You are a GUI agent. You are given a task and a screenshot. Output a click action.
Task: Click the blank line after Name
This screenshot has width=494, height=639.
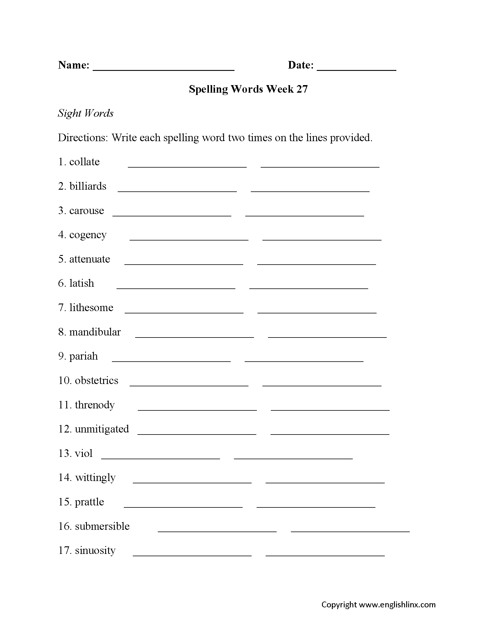[x=163, y=69]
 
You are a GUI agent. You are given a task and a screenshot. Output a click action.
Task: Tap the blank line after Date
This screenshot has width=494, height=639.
[x=356, y=69]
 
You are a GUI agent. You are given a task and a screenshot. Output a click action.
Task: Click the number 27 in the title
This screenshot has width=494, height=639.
[x=302, y=89]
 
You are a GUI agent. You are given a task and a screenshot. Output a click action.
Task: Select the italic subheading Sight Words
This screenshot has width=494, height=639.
[x=85, y=113]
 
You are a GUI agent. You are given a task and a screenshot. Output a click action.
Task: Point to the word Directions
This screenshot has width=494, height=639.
[x=83, y=137]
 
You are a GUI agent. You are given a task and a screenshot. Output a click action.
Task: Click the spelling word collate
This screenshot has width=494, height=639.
[x=84, y=162]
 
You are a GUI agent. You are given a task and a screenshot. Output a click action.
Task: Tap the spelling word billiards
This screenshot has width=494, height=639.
[x=88, y=186]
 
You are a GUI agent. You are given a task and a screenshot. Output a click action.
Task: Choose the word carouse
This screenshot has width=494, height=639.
[x=86, y=210]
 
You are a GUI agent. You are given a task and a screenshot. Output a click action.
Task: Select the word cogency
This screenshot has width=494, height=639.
[x=88, y=235]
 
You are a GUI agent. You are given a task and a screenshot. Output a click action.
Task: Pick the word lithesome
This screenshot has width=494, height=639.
[x=91, y=308]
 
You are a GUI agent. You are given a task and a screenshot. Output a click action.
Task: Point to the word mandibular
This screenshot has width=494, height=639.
[x=95, y=332]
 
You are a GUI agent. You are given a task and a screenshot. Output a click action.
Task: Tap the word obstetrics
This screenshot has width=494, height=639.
[x=96, y=380]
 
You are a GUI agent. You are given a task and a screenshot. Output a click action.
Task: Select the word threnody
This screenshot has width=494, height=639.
[x=94, y=405]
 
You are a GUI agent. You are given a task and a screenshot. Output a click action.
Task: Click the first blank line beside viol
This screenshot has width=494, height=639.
[x=160, y=458]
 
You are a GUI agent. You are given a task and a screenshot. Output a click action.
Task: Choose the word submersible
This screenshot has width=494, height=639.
[x=102, y=526]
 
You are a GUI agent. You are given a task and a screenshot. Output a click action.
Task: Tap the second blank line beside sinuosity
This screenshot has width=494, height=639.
[x=325, y=555]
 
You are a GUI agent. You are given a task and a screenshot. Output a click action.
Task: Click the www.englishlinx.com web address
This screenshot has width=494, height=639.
[x=397, y=605]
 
